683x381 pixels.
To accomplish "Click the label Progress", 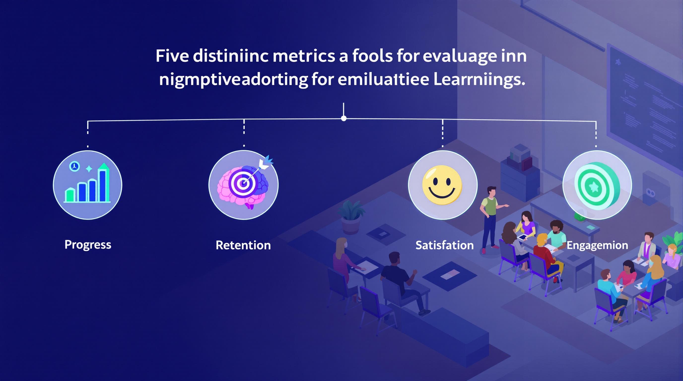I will click(88, 245).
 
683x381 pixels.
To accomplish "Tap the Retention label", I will click(243, 245).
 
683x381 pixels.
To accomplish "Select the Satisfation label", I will click(444, 245).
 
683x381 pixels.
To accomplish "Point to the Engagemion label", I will click(597, 245).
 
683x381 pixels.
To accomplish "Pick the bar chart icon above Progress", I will click(88, 185).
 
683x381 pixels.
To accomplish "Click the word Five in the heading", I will click(172, 56).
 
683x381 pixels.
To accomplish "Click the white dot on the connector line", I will click(344, 118).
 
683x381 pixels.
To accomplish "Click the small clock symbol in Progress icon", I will click(74, 166).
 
